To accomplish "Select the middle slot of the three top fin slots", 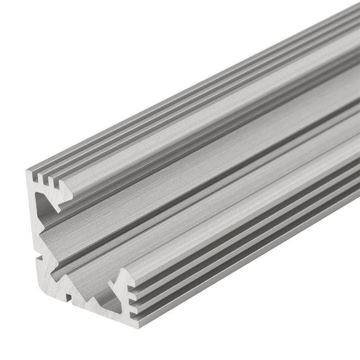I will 50,181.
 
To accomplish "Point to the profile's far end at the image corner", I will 354,13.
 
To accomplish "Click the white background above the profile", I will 126,63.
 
